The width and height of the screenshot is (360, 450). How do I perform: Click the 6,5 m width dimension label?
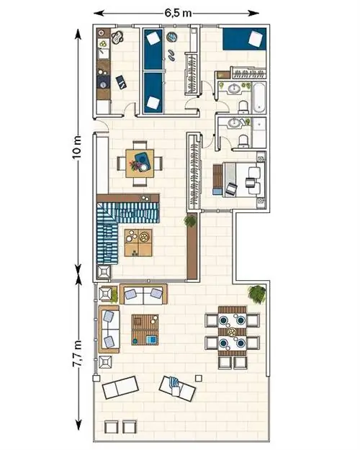[x=178, y=13]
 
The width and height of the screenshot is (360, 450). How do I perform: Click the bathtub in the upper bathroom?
[x=258, y=98]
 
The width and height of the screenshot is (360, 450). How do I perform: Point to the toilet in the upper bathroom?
[x=244, y=106]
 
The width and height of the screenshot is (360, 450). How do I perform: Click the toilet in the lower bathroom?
[x=244, y=141]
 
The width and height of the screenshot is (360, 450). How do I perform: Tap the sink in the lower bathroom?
[x=235, y=123]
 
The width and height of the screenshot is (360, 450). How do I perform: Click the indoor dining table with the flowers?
[x=140, y=163]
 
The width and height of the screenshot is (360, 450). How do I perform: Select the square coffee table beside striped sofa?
[x=138, y=243]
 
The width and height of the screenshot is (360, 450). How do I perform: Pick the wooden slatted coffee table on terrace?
[x=145, y=330]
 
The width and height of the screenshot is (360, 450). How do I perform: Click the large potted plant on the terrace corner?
[x=257, y=294]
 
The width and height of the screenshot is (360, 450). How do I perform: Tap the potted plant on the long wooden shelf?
[x=190, y=221]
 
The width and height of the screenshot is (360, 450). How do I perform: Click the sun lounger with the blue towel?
[x=177, y=388]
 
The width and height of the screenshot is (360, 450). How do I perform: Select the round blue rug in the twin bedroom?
[x=171, y=37]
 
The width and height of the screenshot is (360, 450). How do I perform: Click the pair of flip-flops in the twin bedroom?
[x=171, y=55]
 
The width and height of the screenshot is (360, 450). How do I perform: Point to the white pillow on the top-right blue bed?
[x=255, y=39]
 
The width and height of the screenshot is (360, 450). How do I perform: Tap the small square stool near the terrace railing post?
[x=199, y=378]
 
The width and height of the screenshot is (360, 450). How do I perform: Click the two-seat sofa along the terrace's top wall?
[x=143, y=294]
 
